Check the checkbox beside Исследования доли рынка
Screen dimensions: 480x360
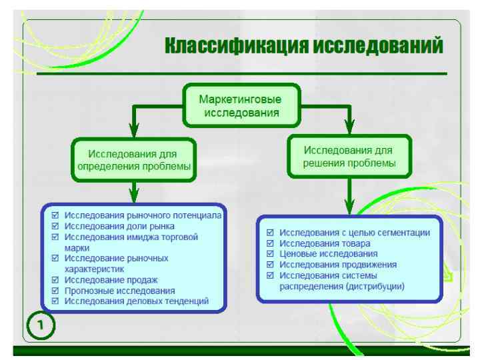pyautogui.click(x=55, y=227)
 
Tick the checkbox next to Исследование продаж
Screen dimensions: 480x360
pyautogui.click(x=55, y=281)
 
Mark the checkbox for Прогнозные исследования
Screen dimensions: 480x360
pyautogui.click(x=55, y=291)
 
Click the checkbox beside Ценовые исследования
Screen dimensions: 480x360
pyautogui.click(x=270, y=254)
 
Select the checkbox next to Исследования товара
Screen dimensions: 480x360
pyautogui.click(x=270, y=243)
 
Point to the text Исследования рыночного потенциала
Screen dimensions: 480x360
pyautogui.click(x=143, y=217)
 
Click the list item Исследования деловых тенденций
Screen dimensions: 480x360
pyautogui.click(x=137, y=301)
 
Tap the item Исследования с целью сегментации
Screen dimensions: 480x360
pyautogui.click(x=354, y=233)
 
